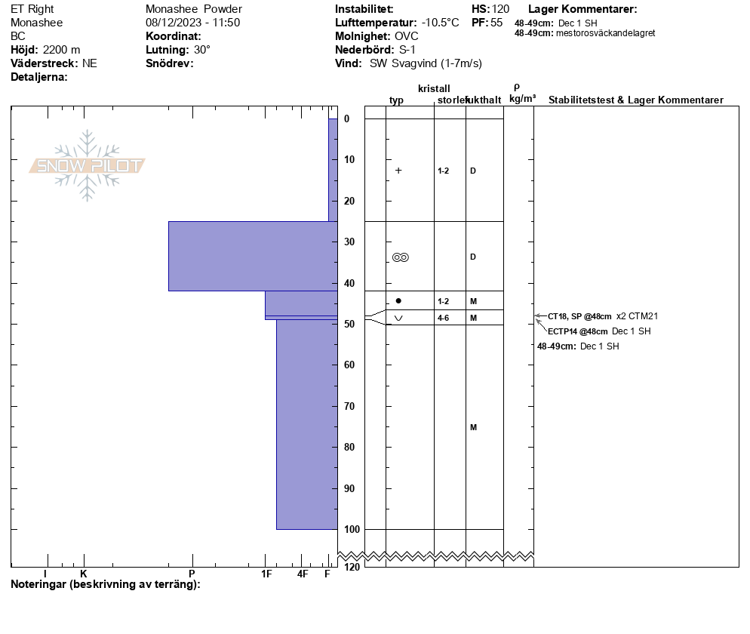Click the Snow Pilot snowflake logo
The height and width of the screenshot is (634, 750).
click(x=87, y=165)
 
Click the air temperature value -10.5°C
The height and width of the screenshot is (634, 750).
click(x=440, y=23)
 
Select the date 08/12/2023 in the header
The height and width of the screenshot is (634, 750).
click(x=174, y=23)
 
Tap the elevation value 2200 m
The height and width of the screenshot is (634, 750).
click(x=62, y=50)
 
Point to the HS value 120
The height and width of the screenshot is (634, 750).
click(x=500, y=9)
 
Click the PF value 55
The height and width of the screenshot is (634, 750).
click(x=496, y=23)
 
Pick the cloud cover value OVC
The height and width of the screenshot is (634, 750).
click(x=407, y=36)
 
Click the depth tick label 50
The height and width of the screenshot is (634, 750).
click(x=349, y=324)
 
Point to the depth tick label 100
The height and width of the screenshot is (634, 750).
click(x=352, y=529)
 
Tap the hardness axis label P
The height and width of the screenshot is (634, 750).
click(x=192, y=574)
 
